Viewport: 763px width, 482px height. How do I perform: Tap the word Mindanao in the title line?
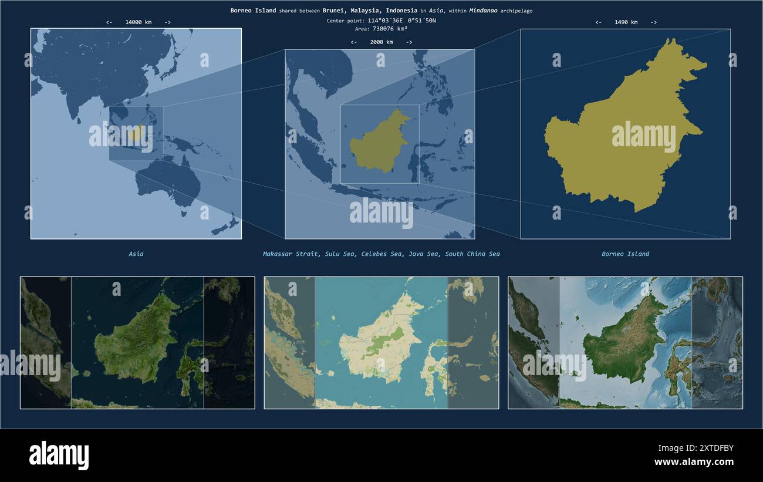click(483, 11)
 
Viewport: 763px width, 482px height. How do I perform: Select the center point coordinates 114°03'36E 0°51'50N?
click(401, 21)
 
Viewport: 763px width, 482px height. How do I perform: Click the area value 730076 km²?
click(390, 28)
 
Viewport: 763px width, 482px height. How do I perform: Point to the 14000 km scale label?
click(138, 22)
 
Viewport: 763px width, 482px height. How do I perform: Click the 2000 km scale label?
click(381, 42)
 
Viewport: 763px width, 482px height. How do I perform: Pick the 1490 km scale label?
click(626, 22)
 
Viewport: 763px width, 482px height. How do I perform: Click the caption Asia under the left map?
click(136, 254)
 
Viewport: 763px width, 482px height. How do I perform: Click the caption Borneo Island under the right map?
click(625, 254)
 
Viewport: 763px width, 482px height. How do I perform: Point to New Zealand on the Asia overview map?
click(226, 226)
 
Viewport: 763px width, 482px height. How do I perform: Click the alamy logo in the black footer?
click(59, 456)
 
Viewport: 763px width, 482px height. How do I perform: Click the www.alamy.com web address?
click(694, 462)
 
